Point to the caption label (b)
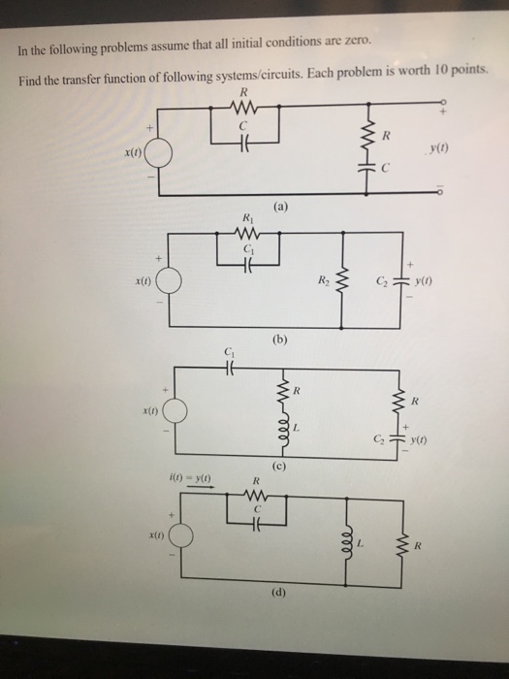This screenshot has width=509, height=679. (281, 340)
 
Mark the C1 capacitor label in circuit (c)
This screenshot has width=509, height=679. (229, 351)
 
